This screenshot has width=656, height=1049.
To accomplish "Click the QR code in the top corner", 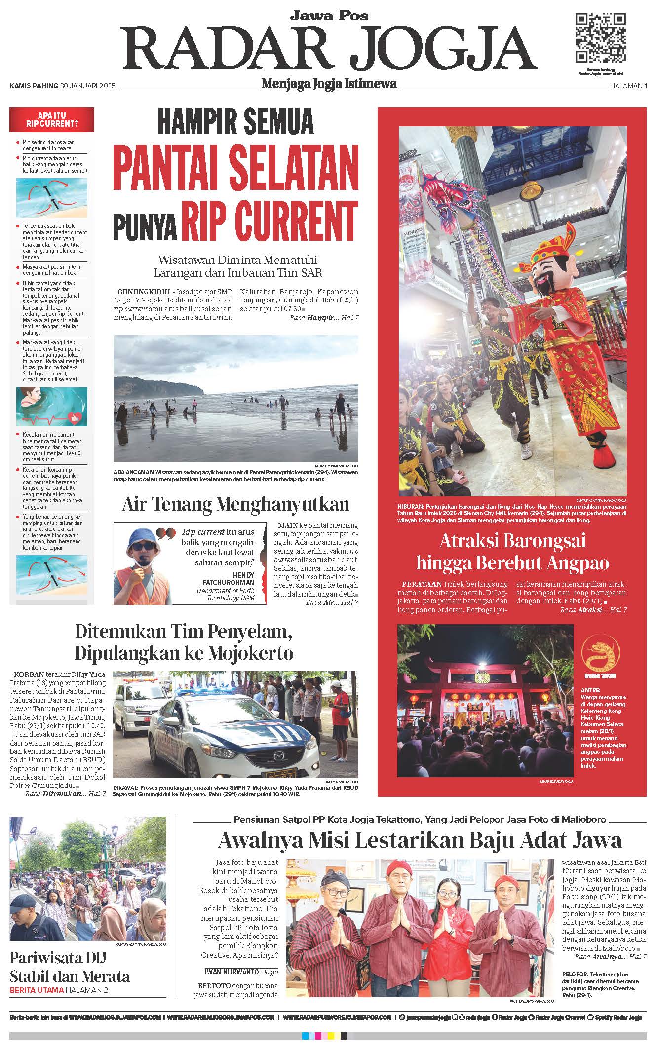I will [601, 37].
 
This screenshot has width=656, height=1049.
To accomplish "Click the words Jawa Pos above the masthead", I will [328, 16].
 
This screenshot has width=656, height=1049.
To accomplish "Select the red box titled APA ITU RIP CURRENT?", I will [52, 119].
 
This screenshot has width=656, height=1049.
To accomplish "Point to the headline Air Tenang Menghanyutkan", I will [235, 504].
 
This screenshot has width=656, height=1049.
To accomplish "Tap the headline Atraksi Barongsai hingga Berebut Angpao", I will [512, 552].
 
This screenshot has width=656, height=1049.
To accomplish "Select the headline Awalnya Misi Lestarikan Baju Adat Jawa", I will [420, 840].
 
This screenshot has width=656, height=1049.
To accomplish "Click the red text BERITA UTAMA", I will [37, 990].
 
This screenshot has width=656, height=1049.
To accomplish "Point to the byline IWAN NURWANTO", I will [232, 972].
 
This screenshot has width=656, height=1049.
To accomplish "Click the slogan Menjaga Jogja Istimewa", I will [329, 84].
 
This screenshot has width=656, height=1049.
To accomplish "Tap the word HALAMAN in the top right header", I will [625, 86].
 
